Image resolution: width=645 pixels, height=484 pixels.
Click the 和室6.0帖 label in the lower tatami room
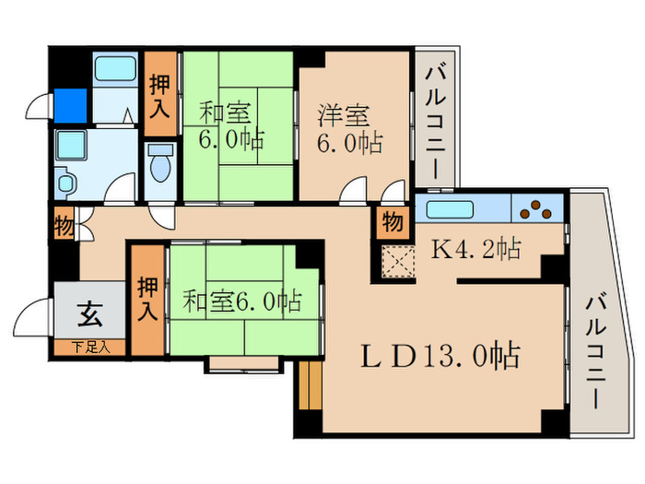point(241,301)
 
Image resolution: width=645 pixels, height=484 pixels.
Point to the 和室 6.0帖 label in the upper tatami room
point(231,127)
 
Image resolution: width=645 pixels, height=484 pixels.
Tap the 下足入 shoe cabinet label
point(90,348)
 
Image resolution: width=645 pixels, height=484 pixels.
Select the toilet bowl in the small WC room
point(160,167)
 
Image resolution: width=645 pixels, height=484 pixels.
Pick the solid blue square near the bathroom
point(70,102)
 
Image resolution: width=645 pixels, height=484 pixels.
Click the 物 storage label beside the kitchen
point(392,223)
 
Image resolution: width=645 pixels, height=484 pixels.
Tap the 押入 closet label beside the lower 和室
point(147,299)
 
